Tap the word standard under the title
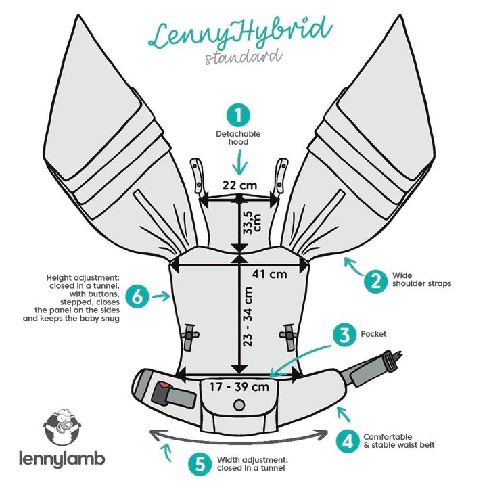click(x=243, y=56)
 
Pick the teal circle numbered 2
click(x=373, y=280)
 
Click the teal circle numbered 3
click(x=344, y=333)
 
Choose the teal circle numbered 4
click(x=347, y=441)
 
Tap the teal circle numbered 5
click(x=199, y=464)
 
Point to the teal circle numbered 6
click(x=138, y=296)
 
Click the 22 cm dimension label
click(x=241, y=185)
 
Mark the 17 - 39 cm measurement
click(x=238, y=387)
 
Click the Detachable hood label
click(x=238, y=138)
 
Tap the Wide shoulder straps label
click(x=421, y=280)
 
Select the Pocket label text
click(x=373, y=333)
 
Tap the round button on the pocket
click(x=238, y=404)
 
